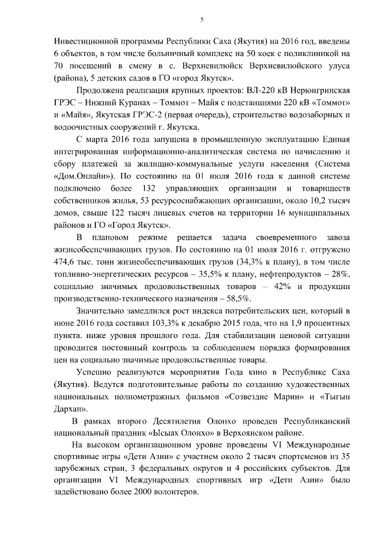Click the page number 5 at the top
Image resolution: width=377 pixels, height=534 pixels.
pos(201,19)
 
